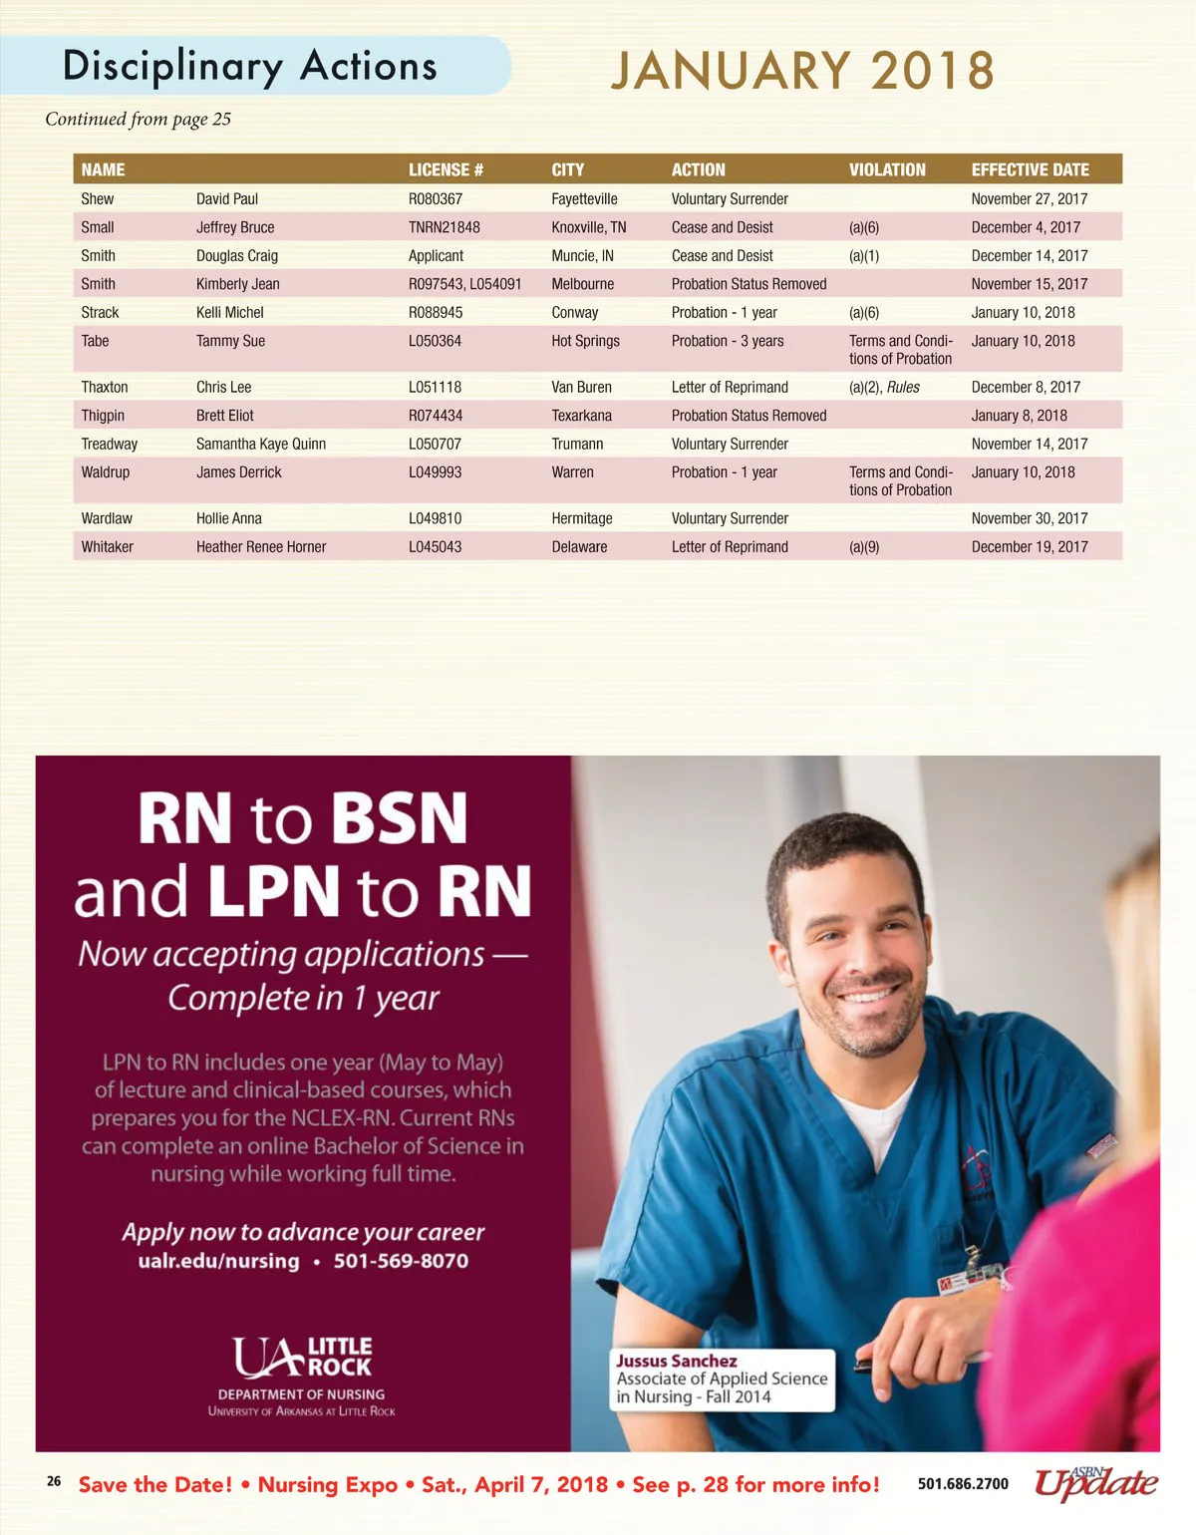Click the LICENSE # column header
pyautogui.click(x=446, y=169)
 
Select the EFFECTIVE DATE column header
pyautogui.click(x=1030, y=169)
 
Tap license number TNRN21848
pyautogui.click(x=444, y=227)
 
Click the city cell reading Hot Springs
pyautogui.click(x=585, y=341)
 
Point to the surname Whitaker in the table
pyautogui.click(x=107, y=547)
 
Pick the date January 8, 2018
pyautogui.click(x=1019, y=416)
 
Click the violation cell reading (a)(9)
pyautogui.click(x=864, y=547)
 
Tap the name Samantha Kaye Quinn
pyautogui.click(x=261, y=445)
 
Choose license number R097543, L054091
pyautogui.click(x=464, y=284)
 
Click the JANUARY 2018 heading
pyautogui.click(x=802, y=71)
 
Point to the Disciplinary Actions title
pyautogui.click(x=250, y=66)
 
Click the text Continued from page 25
pyautogui.click(x=138, y=120)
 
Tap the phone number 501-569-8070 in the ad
pyautogui.click(x=401, y=1261)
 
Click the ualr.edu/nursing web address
pyautogui.click(x=218, y=1261)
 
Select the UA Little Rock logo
pyautogui.click(x=302, y=1358)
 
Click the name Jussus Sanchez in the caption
pyautogui.click(x=677, y=1361)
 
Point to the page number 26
pyautogui.click(x=54, y=1481)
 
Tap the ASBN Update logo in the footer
pyautogui.click(x=1095, y=1483)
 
